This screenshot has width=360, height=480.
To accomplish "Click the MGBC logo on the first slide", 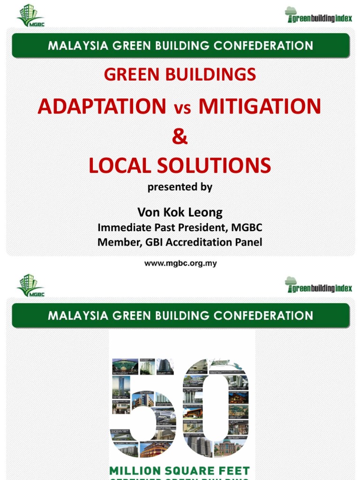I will point(30,15).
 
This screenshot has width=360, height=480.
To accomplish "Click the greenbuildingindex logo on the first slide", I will point(318,15).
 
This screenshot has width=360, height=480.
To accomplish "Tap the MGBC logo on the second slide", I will point(30,285).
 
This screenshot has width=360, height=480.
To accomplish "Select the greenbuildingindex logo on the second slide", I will point(318,285).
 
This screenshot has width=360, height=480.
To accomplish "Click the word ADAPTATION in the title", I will point(102,106).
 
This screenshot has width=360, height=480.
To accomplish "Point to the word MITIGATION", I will point(260,106).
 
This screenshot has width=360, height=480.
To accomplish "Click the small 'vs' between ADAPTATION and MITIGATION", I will point(183,108).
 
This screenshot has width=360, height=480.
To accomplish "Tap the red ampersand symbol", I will point(180,137).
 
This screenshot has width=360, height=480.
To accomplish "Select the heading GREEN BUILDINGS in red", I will point(180,75).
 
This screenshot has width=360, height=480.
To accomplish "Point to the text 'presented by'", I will point(180,187).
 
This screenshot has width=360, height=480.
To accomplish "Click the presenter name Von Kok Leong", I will point(180,212).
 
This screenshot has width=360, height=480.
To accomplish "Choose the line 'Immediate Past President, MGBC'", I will point(180,227).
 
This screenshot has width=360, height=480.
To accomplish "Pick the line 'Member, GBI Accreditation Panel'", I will point(180,242).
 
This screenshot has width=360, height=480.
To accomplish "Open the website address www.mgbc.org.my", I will point(180,263).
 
